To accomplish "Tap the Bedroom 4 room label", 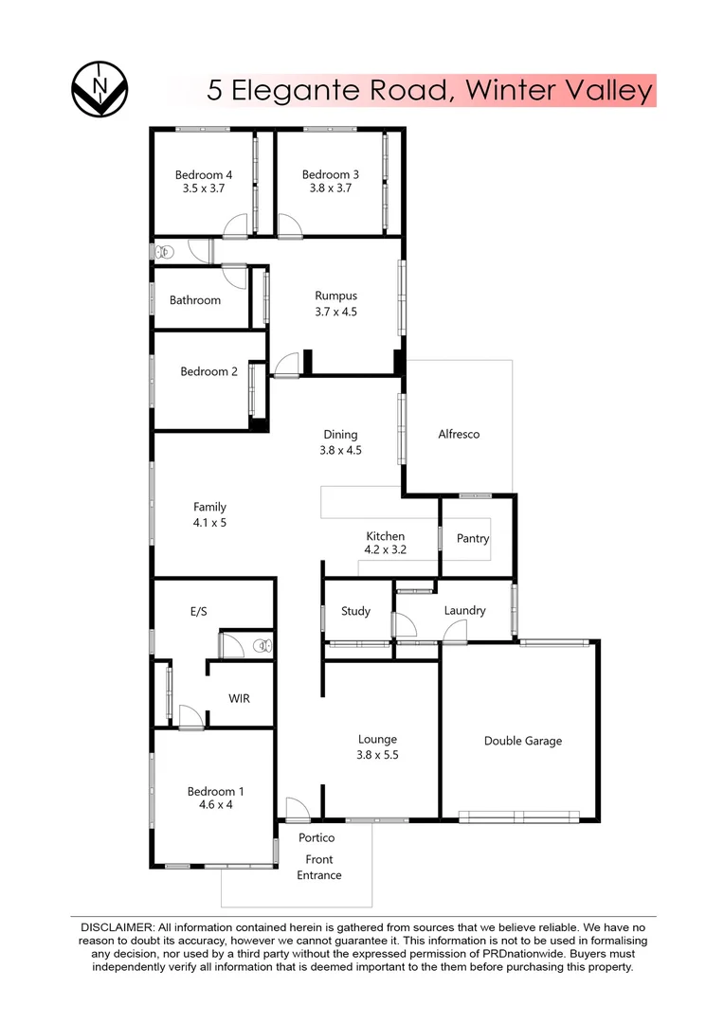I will pos(203,174).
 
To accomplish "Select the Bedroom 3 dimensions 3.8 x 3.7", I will pos(331,188).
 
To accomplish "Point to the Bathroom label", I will pos(195,300).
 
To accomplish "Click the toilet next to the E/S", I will pos(261,647).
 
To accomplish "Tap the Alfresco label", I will pos(459,434).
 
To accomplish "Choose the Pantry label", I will pos(473,538).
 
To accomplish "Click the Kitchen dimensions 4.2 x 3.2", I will pos(385,549).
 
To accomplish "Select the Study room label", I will pos(355,611).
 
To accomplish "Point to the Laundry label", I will pos(464,610).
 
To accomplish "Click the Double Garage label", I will pos(522,741).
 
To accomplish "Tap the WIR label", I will pos(239,698).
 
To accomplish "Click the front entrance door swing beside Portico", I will pos(297,808).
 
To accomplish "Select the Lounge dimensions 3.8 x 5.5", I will pos(377,755).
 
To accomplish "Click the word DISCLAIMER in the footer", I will pos(117,925).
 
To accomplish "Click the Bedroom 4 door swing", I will pos(233,225).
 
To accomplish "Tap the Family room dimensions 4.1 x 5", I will pos(209,522).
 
